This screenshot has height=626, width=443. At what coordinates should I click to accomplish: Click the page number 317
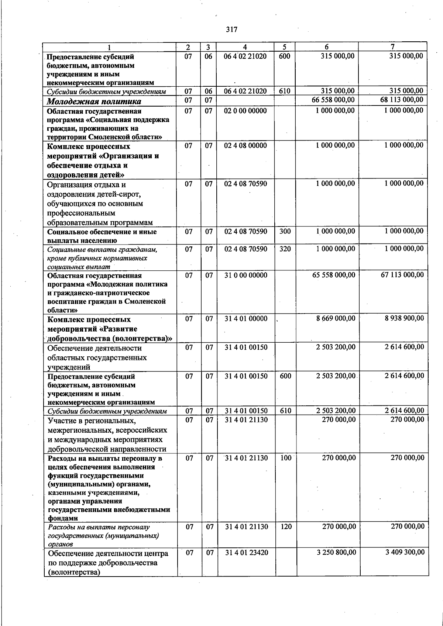tap(231, 30)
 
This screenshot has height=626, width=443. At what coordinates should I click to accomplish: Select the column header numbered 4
tap(245, 47)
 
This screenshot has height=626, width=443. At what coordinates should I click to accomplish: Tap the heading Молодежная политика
tap(94, 101)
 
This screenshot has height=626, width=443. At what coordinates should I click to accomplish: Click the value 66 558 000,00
tap(333, 100)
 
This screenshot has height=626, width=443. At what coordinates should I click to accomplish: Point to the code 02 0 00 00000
tap(245, 111)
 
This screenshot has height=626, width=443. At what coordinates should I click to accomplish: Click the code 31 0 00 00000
tap(245, 275)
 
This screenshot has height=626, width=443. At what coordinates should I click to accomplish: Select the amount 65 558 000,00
tap(334, 275)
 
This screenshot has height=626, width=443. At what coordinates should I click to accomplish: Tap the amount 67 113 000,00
tap(402, 275)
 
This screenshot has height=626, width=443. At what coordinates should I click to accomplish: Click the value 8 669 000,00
tap(336, 318)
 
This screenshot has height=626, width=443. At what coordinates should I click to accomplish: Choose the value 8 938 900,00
tap(404, 318)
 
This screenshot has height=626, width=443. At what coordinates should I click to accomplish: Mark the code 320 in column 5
tap(285, 249)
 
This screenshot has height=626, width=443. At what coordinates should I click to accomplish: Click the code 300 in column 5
tap(285, 232)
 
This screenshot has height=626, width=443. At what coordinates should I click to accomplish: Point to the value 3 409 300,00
tap(405, 552)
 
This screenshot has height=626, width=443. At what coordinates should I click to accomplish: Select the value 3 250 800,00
tap(336, 553)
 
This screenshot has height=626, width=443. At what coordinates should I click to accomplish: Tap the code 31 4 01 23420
tap(247, 553)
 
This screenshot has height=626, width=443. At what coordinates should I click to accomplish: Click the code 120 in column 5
tap(286, 527)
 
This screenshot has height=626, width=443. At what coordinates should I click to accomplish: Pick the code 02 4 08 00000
tap(245, 146)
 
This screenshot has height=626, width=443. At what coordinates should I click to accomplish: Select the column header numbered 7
tap(392, 47)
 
